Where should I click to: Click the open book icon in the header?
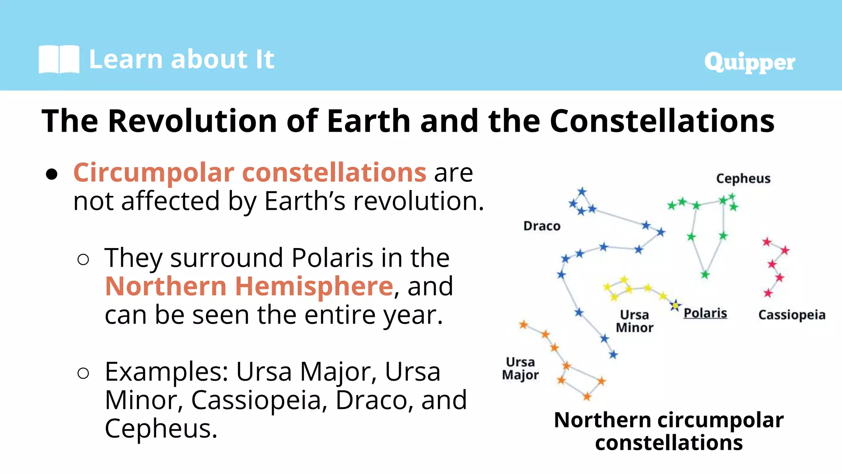tap(59, 60)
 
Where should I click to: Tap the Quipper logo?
tap(749, 63)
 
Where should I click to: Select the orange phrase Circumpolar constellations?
tap(250, 172)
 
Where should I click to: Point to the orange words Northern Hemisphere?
tap(249, 286)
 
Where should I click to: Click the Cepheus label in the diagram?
tap(743, 179)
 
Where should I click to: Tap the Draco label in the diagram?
tap(541, 226)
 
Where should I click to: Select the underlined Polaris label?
tap(705, 313)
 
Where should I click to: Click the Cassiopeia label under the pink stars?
tap(791, 315)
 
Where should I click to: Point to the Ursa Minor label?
tap(634, 321)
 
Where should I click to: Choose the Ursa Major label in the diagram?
tap(520, 369)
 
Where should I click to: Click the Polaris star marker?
tap(675, 306)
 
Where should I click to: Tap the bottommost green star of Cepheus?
tap(705, 274)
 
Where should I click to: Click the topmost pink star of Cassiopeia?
tap(767, 242)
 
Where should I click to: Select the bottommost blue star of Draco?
tap(613, 355)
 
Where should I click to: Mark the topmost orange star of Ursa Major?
tap(523, 325)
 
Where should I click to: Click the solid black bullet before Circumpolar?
tap(52, 174)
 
